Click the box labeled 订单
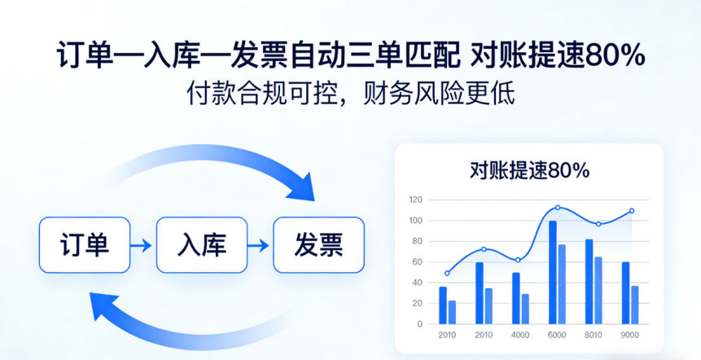[x=85, y=244]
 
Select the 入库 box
[x=201, y=244]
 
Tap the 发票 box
[x=318, y=244]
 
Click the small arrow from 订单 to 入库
[x=142, y=244]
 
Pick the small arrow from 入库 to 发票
[x=260, y=244]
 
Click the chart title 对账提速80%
[x=529, y=170]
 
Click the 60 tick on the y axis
[x=417, y=262]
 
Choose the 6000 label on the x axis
[x=557, y=335]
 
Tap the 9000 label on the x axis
[x=630, y=335]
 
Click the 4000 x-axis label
[x=520, y=335]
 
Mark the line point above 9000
[x=631, y=211]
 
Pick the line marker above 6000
[x=558, y=208]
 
